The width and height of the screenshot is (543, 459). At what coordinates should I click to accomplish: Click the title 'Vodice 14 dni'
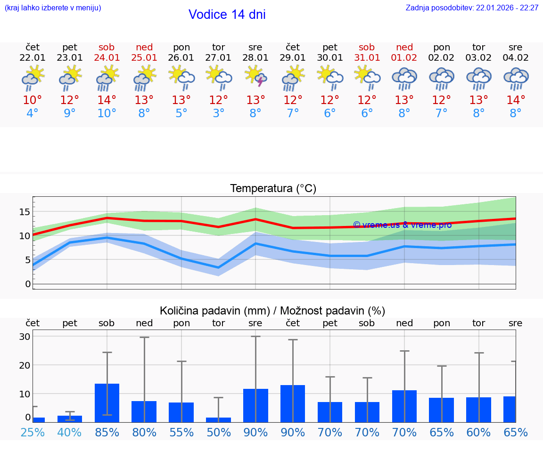(x=227, y=15)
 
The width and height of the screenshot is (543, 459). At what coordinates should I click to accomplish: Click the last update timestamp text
(x=472, y=8)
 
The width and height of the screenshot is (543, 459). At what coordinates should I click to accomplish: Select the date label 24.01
(x=107, y=58)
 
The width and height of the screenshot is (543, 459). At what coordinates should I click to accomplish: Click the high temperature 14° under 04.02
(x=516, y=100)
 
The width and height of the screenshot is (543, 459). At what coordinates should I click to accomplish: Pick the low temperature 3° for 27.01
(x=218, y=113)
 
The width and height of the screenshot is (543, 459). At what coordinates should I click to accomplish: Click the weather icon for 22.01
(x=33, y=78)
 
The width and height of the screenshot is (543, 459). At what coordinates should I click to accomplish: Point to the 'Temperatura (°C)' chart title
(x=273, y=189)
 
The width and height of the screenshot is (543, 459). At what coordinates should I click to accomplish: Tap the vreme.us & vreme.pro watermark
(x=403, y=225)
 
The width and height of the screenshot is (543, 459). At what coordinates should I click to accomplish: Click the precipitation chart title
(x=272, y=311)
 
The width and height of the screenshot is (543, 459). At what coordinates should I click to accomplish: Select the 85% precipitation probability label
(x=107, y=433)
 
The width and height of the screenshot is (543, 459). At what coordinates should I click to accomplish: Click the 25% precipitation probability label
(x=33, y=433)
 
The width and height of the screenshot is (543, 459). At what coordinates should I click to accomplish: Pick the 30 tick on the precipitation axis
(x=25, y=337)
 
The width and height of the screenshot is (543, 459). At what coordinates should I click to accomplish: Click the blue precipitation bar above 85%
(x=107, y=403)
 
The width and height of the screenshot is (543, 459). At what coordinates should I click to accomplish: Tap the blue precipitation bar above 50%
(x=218, y=420)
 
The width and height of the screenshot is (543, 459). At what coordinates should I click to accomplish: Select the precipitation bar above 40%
(x=70, y=419)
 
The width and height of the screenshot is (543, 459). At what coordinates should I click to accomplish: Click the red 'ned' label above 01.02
(x=404, y=48)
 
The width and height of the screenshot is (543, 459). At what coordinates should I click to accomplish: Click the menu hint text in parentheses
(x=53, y=8)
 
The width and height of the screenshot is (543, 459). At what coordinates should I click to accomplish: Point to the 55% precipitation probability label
(x=181, y=433)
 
